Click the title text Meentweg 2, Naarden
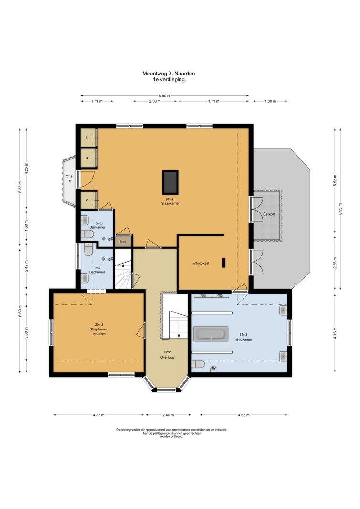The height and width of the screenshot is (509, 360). (x=169, y=74)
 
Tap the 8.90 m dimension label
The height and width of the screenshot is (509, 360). (x=165, y=96)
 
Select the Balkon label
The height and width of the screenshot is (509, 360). (x=269, y=214)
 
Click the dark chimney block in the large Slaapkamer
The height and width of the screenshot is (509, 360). (x=170, y=182)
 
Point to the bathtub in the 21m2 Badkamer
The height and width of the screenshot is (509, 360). (x=211, y=334)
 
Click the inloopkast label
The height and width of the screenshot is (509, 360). (x=201, y=263)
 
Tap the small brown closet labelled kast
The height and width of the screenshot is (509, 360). (x=123, y=242)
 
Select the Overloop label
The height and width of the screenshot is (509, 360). (x=167, y=358)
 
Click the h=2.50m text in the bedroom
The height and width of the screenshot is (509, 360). (x=98, y=334)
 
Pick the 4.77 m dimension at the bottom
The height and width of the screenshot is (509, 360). (x=98, y=415)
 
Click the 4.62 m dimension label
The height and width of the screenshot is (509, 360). (x=244, y=415)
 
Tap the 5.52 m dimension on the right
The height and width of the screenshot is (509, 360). (x=335, y=180)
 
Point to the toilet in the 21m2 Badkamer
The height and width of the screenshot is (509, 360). (x=198, y=364)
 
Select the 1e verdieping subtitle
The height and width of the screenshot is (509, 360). (x=169, y=79)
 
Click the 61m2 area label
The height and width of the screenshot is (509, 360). (x=170, y=199)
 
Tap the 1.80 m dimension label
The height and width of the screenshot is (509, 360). (x=270, y=101)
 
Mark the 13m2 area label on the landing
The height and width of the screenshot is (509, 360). (x=167, y=352)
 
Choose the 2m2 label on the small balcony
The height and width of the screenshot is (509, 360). (x=69, y=176)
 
